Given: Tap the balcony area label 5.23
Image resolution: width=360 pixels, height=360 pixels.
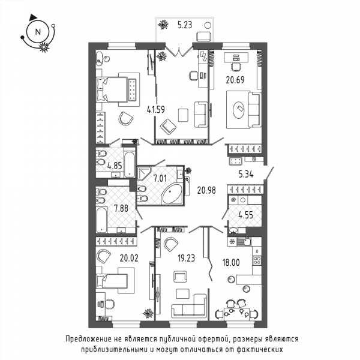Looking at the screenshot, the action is [185, 25].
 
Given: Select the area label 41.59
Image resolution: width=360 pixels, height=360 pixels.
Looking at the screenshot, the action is [156, 110].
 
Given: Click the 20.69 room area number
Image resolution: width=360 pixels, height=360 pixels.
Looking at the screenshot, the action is [235, 80].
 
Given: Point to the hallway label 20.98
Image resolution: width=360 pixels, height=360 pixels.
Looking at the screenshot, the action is [206, 190].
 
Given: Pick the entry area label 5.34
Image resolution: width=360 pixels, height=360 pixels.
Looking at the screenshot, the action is [246, 175].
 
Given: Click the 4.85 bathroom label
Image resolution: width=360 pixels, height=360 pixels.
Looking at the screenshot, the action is [115, 166].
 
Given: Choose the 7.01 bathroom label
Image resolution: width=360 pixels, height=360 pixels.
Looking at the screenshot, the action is [160, 178].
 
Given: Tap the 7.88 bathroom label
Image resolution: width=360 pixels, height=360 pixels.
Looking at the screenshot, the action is [121, 208].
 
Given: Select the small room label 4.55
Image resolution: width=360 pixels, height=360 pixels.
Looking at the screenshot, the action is [245, 215].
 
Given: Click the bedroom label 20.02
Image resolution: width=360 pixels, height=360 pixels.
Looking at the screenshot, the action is [129, 258].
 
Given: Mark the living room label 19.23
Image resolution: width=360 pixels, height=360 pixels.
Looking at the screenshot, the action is [186, 258].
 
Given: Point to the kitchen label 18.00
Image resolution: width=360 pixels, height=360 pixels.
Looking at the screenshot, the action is [231, 262].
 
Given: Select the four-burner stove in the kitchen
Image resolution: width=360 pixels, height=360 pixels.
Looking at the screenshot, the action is [257, 260].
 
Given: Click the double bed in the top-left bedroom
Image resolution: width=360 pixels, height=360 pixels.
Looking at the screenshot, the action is [112, 89].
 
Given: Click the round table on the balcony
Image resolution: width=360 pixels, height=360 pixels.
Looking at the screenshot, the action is [208, 25].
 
